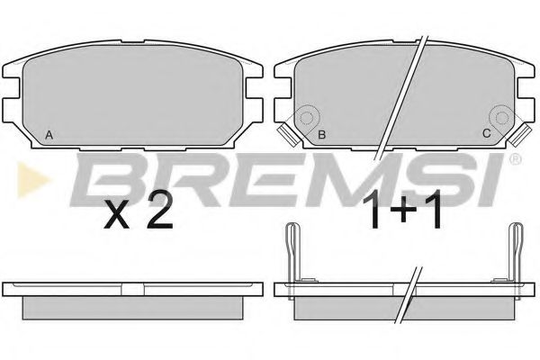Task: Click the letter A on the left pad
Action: coord(49,135)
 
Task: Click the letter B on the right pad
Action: coord(322,135)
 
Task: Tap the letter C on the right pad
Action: coord(486,133)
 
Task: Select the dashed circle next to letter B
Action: coord(306,118)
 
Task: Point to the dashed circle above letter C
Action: coord(502,118)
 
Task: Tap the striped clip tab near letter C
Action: coord(519,135)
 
